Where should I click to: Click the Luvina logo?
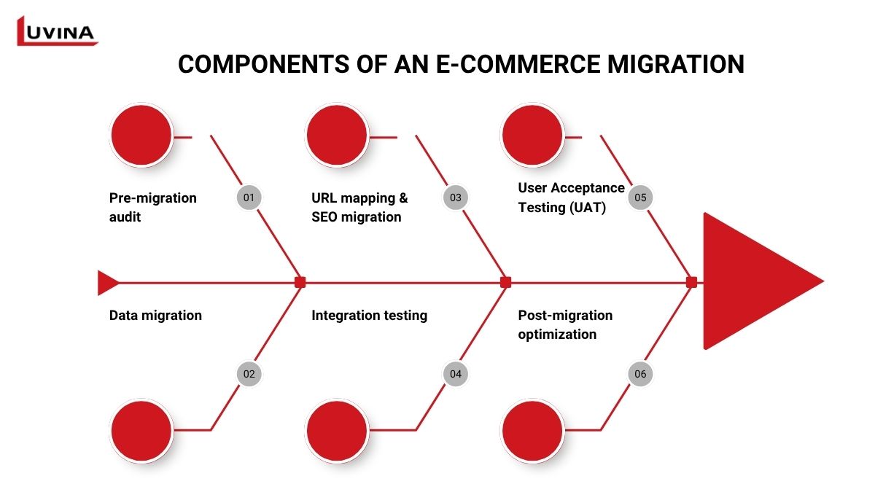(x=57, y=31)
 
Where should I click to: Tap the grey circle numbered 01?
(x=249, y=198)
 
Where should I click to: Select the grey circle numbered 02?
(x=249, y=374)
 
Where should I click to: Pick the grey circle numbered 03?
(x=456, y=198)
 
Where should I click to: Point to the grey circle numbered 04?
(x=456, y=374)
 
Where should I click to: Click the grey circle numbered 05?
(x=640, y=198)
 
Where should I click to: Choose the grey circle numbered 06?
(x=640, y=374)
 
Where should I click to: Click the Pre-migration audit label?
(x=153, y=207)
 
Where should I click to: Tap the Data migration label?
(x=155, y=316)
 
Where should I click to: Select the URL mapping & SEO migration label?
(x=359, y=207)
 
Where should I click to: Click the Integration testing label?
(x=369, y=316)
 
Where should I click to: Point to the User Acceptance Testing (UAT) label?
(x=571, y=197)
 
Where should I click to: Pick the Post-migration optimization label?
(x=565, y=324)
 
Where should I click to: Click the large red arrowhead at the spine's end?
(x=751, y=281)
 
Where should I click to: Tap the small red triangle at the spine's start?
(x=106, y=283)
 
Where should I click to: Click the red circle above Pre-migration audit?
(x=141, y=135)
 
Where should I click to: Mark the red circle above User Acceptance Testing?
(x=533, y=135)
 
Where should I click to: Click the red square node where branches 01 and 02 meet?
(x=300, y=283)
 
